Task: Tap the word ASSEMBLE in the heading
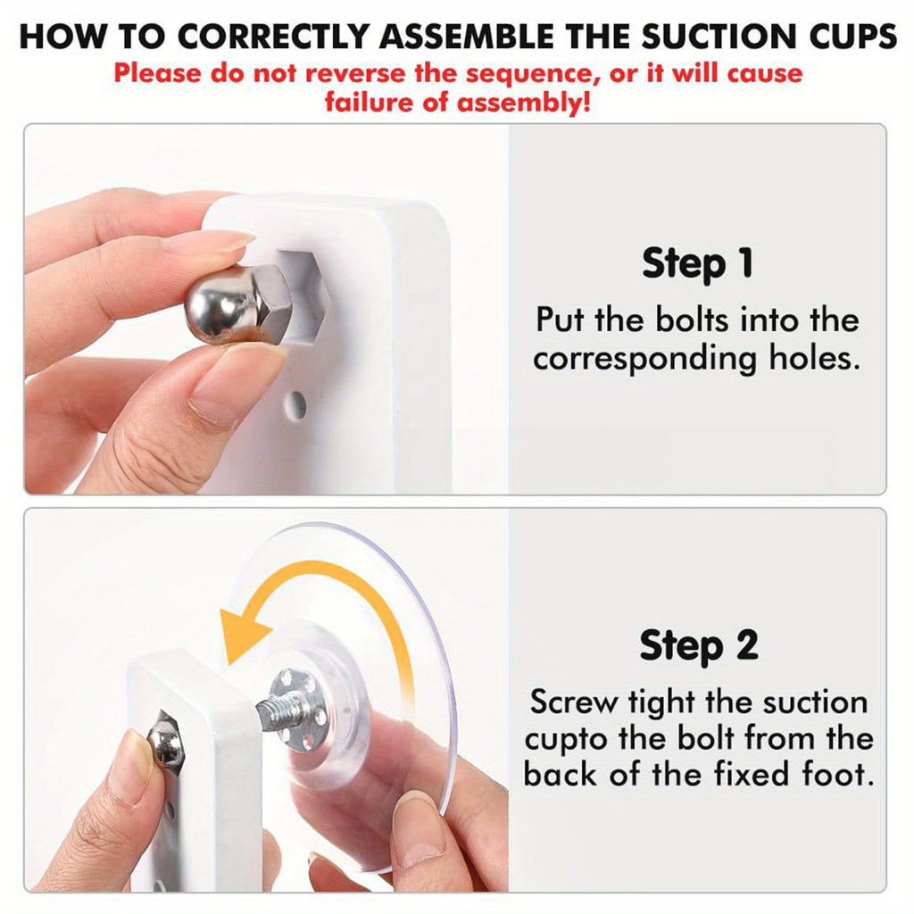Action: pyautogui.click(x=467, y=36)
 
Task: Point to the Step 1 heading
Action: pyautogui.click(x=697, y=263)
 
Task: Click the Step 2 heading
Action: pyautogui.click(x=699, y=645)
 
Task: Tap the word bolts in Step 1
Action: pyautogui.click(x=692, y=320)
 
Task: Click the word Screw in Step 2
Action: pyautogui.click(x=574, y=702)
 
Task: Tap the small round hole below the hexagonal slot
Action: pyautogui.click(x=296, y=405)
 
